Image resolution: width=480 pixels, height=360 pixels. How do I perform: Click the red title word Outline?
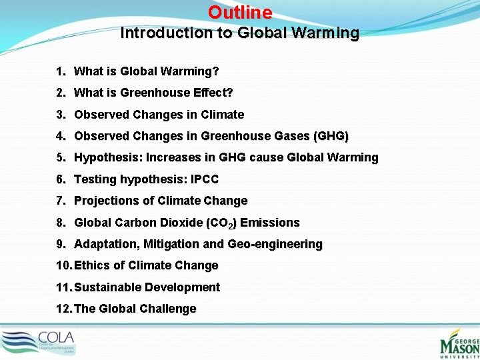[240, 13]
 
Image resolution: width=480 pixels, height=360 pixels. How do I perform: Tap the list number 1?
[60, 71]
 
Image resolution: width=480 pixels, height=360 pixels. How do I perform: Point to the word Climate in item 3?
[220, 115]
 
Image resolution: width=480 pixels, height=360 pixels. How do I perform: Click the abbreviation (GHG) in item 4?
[331, 136]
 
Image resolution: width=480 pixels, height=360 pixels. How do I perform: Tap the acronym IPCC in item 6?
[204, 179]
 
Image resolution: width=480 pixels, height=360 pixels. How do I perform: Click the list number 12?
[65, 309]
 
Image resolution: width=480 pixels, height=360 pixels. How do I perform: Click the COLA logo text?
[57, 337]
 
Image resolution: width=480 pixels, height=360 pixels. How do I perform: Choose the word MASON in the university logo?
[460, 347]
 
